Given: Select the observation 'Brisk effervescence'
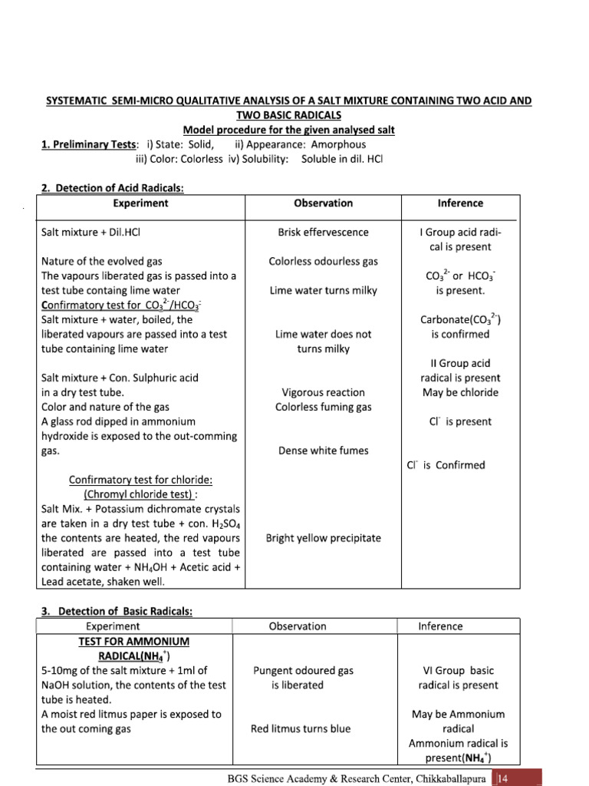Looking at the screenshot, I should click(323, 232).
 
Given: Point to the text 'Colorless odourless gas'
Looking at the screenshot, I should click(323, 261).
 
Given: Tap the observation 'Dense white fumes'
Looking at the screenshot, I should click(323, 451).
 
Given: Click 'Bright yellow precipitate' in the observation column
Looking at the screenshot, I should click(323, 538).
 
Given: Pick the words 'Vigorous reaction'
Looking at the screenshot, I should click(323, 392).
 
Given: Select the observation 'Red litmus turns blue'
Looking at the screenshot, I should click(300, 728).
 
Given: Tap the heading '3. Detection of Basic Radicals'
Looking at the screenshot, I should click(115, 611).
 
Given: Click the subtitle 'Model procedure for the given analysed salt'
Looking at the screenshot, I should click(288, 130).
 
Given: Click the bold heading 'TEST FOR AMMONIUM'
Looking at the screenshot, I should click(134, 641).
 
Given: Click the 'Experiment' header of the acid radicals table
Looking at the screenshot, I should click(140, 203).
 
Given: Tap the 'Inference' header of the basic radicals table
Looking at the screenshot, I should click(440, 626).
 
